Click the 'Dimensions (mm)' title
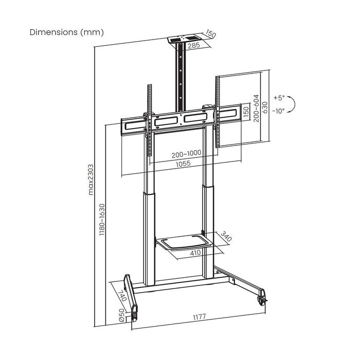click(x=67, y=32)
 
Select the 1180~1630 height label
click(x=102, y=220)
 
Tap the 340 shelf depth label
click(x=225, y=238)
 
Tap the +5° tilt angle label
click(x=278, y=97)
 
